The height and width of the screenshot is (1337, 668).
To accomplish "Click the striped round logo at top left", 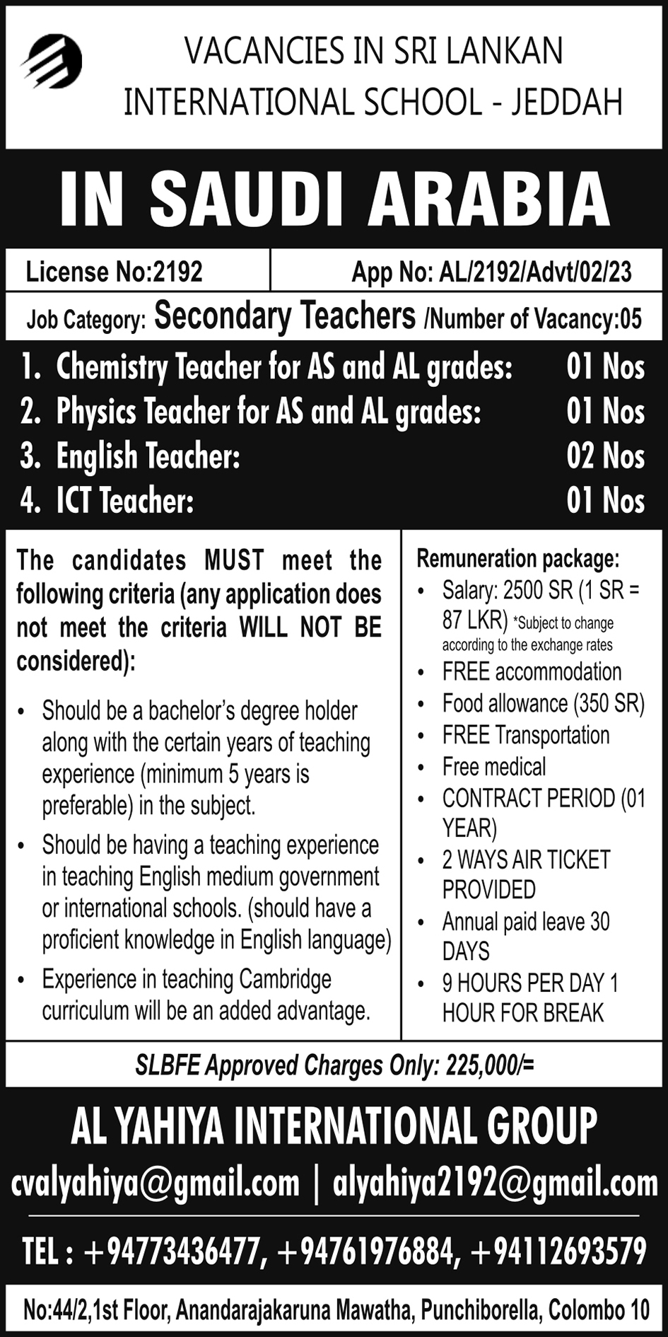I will (x=52, y=62).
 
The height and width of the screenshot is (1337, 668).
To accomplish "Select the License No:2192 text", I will (x=114, y=272).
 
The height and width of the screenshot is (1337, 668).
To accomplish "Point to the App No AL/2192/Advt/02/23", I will (x=491, y=272).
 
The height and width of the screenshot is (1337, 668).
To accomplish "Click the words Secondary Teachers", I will (x=285, y=316).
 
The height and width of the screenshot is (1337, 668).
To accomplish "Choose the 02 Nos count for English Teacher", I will (x=605, y=456).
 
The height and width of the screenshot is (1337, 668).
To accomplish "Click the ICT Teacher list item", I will (x=124, y=501).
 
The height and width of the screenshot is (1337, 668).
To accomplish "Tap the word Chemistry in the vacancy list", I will (x=111, y=367).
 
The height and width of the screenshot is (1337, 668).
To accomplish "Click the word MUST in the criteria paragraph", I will (x=234, y=560).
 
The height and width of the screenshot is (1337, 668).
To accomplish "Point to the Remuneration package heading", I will (x=517, y=559).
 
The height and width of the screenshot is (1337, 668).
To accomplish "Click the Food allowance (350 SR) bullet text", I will (x=543, y=703).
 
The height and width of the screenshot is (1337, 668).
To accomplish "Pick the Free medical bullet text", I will (x=494, y=766).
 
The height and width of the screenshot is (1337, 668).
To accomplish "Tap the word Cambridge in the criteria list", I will (x=285, y=979).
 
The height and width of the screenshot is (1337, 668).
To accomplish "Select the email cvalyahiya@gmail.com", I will (x=156, y=1183).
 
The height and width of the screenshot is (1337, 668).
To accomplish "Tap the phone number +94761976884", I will (x=365, y=1251).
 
